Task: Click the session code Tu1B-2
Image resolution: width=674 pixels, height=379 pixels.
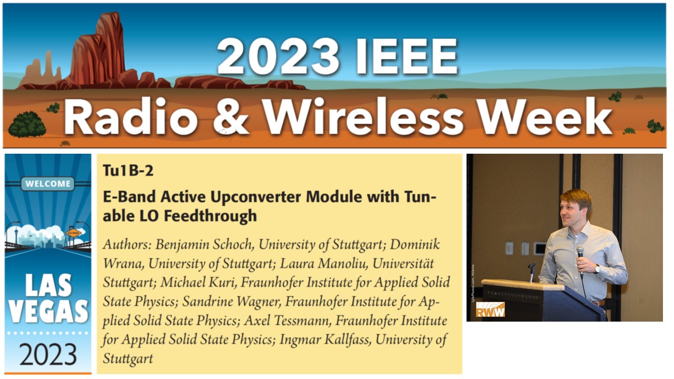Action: click(x=128, y=170)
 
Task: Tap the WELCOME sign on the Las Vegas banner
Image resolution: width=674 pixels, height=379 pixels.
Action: click(x=48, y=184)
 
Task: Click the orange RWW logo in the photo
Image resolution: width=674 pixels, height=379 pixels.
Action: click(x=490, y=310)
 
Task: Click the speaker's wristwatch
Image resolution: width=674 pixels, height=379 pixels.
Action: click(x=597, y=268)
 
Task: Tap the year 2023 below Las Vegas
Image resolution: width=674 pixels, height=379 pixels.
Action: click(x=48, y=354)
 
